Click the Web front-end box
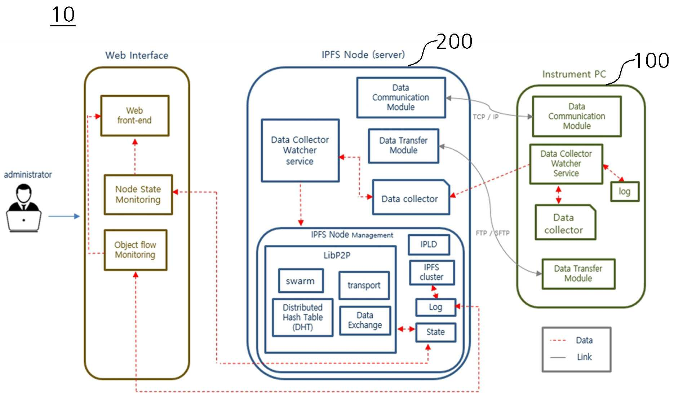click(x=135, y=115)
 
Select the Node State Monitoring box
click(x=138, y=195)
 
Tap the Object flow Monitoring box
click(x=136, y=250)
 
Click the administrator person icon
click(x=24, y=208)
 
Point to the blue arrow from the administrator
click(x=64, y=216)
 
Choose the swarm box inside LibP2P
click(x=301, y=280)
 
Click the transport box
click(x=364, y=285)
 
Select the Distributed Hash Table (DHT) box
click(x=302, y=317)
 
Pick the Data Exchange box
click(x=365, y=321)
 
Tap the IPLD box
click(x=429, y=244)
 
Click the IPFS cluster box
click(x=432, y=272)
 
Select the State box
click(x=436, y=332)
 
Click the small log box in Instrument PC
click(x=625, y=191)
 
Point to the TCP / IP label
click(x=485, y=117)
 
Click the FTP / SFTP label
click(x=493, y=233)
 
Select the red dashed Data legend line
click(x=558, y=340)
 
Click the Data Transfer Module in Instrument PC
click(x=578, y=274)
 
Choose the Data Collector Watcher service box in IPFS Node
click(x=300, y=150)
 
